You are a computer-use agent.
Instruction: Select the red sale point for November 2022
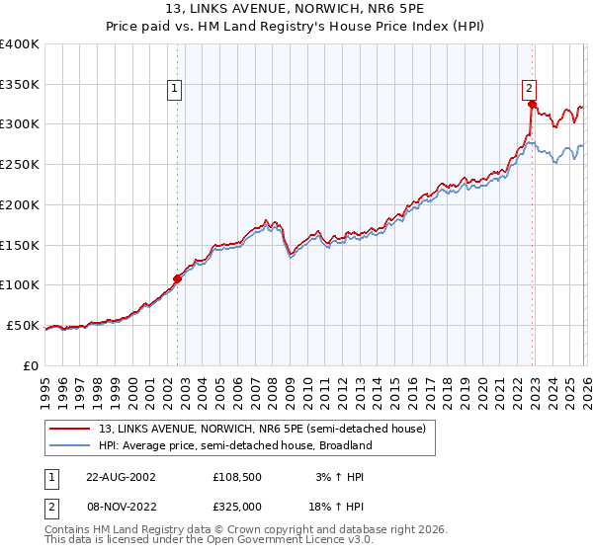tap(532, 104)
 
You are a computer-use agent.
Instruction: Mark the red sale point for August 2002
tap(178, 277)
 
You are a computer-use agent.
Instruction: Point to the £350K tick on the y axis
tap(20, 84)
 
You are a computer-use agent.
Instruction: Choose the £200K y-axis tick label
tap(20, 204)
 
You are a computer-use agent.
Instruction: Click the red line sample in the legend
tap(71, 429)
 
